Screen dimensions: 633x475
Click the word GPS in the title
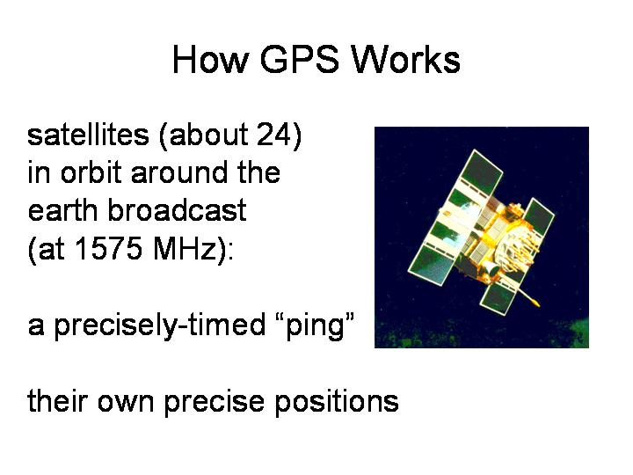point(299,60)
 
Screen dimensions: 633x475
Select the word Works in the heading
point(405,60)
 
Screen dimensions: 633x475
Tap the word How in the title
point(210,60)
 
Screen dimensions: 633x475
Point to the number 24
point(273,135)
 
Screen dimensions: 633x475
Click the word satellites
point(88,135)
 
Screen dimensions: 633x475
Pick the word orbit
point(91,172)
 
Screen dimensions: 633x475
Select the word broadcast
point(177,210)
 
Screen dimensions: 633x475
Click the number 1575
point(109,248)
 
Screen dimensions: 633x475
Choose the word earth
point(62,210)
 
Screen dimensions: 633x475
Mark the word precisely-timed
point(159,325)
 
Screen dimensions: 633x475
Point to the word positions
point(337,402)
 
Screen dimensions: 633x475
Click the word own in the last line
point(126,403)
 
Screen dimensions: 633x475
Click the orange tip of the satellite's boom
point(535,302)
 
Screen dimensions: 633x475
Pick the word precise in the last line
point(215,402)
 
